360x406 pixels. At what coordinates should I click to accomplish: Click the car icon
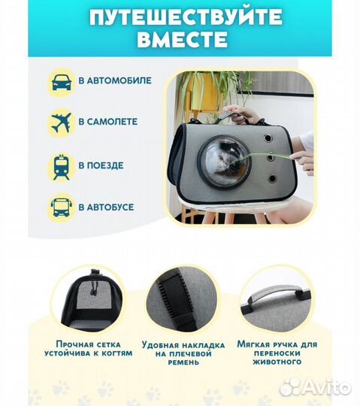point(62,81)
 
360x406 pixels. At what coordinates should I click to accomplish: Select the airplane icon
point(62,123)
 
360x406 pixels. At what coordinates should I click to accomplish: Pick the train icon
point(62,165)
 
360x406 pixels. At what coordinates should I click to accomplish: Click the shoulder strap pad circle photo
point(180,298)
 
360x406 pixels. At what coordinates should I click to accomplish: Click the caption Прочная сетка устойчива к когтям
point(91,348)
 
